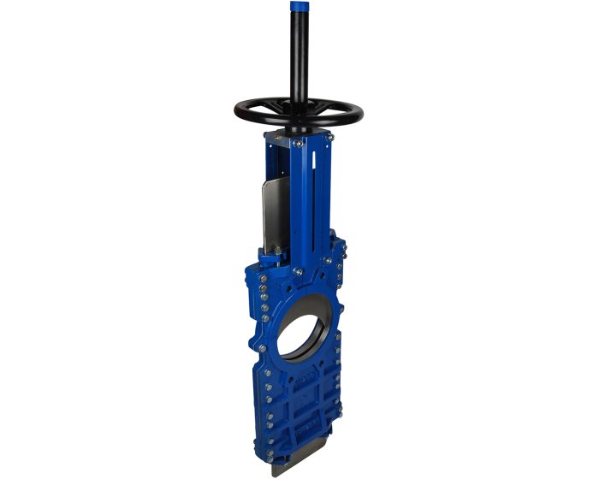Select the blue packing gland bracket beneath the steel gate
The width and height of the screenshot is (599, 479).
click(274, 257)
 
